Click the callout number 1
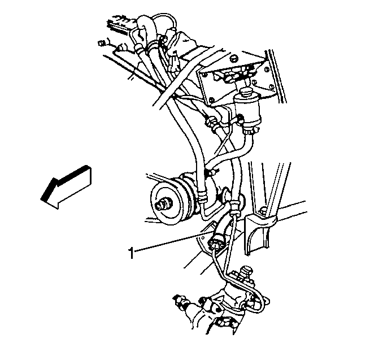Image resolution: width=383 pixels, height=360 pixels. tap(131, 253)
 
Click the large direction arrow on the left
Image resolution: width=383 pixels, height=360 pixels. tap(66, 187)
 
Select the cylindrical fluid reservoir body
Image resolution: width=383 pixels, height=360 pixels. tap(247, 110)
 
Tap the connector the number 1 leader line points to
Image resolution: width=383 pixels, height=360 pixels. tap(214, 241)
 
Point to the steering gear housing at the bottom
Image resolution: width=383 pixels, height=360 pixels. tap(227, 308)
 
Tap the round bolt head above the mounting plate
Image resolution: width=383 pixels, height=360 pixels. tap(234, 58)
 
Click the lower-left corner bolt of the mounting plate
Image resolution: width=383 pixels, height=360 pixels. tap(211, 100)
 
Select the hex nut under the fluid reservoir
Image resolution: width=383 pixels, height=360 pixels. tap(249, 131)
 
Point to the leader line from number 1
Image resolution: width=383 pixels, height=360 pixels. tap(172, 242)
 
